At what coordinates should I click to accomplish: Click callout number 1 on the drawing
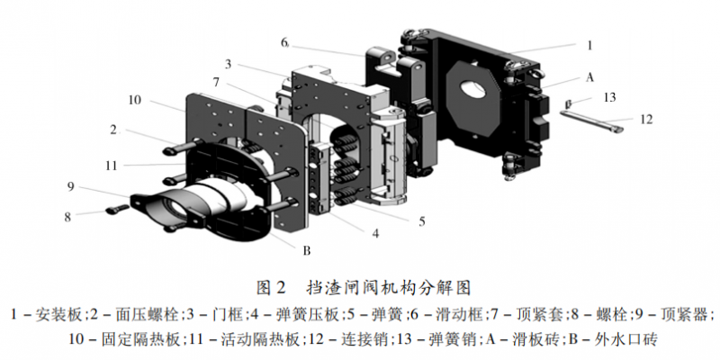coord(589,43)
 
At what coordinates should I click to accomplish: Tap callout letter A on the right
coord(590,77)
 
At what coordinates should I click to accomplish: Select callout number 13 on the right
coord(609,96)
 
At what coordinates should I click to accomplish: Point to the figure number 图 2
coord(271,288)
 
